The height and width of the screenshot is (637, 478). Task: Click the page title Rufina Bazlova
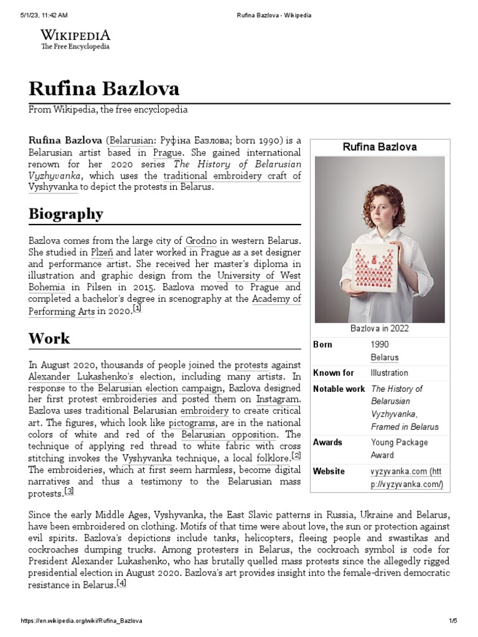104,88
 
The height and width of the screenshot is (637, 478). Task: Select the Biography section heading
66,214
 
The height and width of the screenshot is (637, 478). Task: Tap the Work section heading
49,339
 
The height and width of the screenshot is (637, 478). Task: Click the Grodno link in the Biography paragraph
200,240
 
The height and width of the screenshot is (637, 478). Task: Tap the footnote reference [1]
137,309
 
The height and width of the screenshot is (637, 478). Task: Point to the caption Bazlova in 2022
380,328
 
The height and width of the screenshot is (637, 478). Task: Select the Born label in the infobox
322,345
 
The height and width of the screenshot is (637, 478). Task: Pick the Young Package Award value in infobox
399,449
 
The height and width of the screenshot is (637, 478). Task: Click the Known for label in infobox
334,373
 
